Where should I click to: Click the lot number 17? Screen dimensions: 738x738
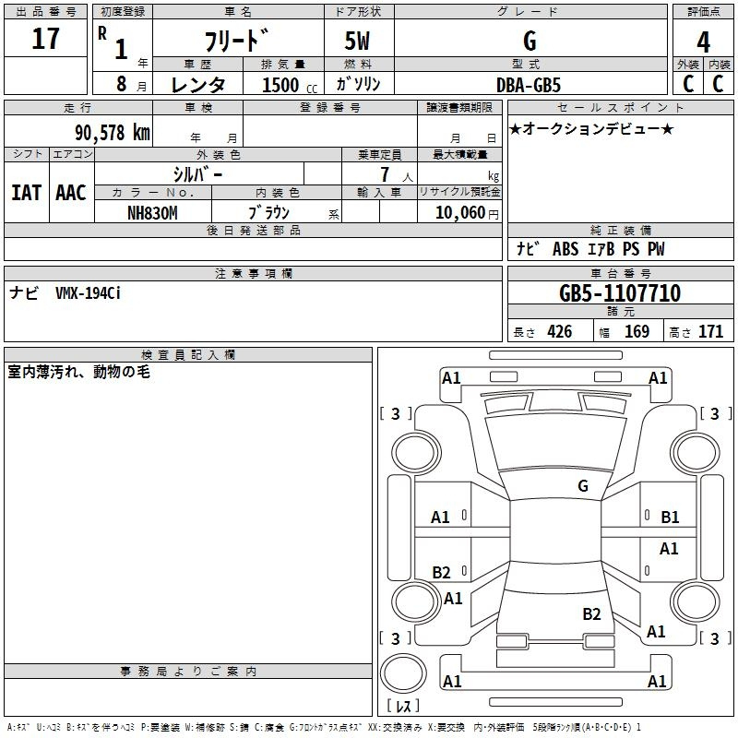tap(45, 38)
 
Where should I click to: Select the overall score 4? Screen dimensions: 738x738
tap(703, 42)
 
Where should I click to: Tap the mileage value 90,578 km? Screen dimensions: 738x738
tap(113, 133)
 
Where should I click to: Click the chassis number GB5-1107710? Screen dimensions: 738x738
tap(620, 293)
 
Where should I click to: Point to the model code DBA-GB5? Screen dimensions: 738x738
tap(529, 85)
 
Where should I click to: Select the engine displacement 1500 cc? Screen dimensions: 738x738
tap(290, 85)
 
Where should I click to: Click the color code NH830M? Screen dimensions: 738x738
tap(152, 213)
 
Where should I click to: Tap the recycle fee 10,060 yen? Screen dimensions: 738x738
tap(467, 213)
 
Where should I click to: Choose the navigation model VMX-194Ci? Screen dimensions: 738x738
tap(88, 293)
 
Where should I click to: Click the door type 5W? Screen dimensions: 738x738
tap(357, 41)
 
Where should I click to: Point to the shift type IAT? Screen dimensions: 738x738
tap(27, 193)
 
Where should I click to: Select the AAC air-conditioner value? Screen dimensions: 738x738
tap(71, 193)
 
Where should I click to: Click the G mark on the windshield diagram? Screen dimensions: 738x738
tap(583, 486)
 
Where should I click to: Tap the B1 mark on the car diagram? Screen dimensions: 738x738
tap(670, 518)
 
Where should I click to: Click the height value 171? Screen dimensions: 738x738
tap(710, 331)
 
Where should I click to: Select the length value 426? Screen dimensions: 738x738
tap(560, 331)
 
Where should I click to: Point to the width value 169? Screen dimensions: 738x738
tap(637, 331)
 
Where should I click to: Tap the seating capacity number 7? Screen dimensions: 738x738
tap(385, 174)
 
